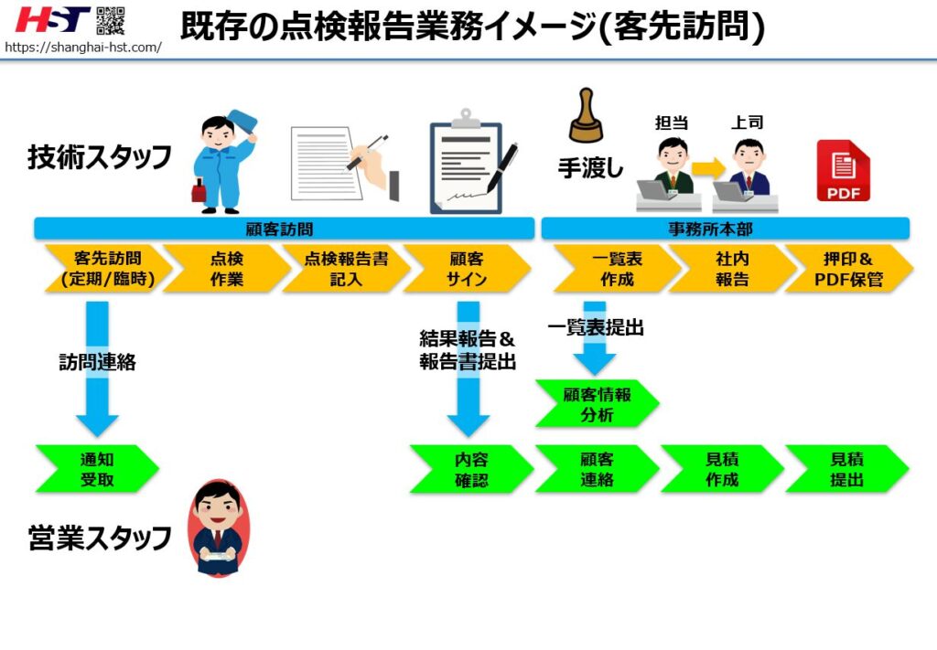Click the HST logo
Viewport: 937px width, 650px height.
click(x=52, y=19)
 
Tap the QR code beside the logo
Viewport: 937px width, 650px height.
click(x=111, y=20)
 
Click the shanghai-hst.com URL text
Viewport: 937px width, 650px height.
click(x=82, y=47)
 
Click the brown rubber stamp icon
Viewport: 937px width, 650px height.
click(x=586, y=117)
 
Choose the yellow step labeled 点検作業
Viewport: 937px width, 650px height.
click(x=226, y=269)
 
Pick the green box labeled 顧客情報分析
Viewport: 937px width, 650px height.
click(x=596, y=403)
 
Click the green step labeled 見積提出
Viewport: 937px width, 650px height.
click(x=845, y=469)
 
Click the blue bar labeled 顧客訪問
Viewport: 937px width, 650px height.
click(x=284, y=229)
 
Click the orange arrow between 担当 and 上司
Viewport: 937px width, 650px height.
click(x=707, y=167)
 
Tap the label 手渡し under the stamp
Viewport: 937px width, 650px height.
click(x=590, y=168)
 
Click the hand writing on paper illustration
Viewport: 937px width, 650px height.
click(x=344, y=163)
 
